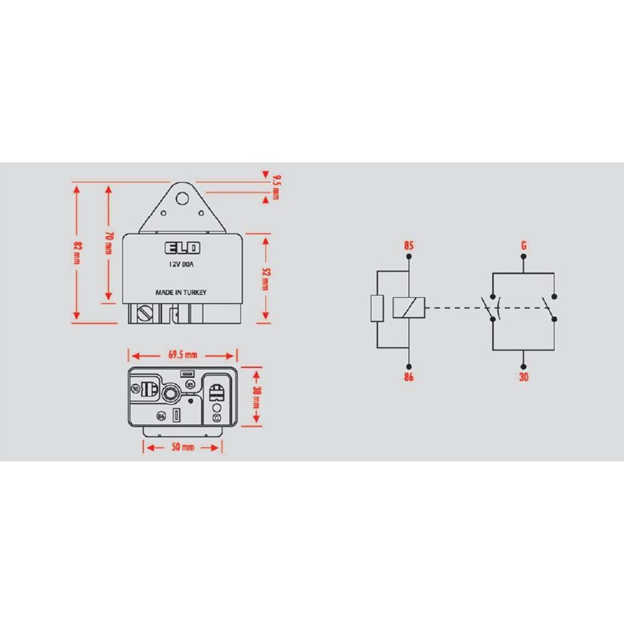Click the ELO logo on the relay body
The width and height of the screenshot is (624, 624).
coord(183,248)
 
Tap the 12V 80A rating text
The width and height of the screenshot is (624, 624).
coord(181,264)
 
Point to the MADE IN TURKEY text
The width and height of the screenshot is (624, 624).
coord(181,292)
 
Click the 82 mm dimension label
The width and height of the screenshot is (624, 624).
coord(77,252)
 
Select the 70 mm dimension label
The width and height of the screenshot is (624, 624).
coord(109,243)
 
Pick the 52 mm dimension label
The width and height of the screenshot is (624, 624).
coord(265,279)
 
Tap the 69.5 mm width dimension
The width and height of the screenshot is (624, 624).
coord(183,355)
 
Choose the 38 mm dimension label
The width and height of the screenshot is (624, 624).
coord(257,397)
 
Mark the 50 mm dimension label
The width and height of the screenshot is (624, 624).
coord(183,447)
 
